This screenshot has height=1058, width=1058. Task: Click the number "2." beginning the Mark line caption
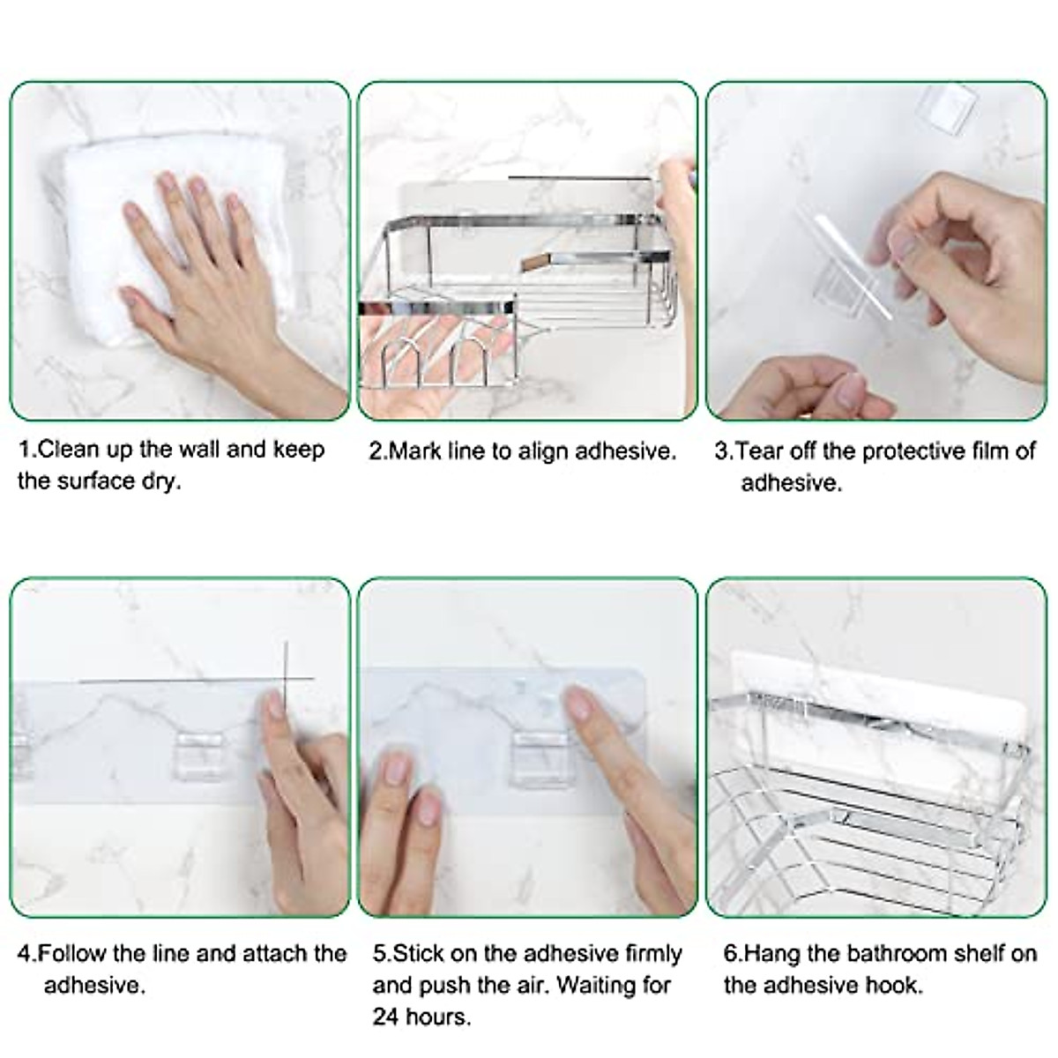tap(378, 451)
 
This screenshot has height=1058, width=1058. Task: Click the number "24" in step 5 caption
tap(386, 1016)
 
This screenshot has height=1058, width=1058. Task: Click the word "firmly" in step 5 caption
tap(651, 953)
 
